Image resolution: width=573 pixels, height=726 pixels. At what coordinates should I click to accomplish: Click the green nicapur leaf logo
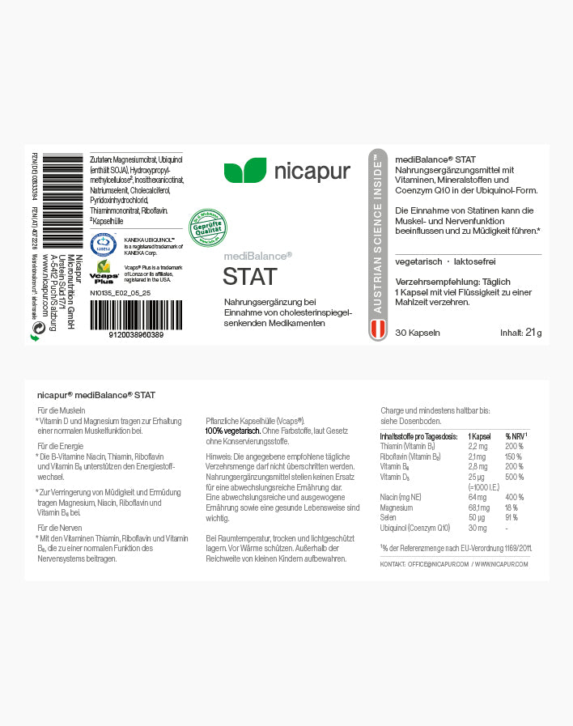244,171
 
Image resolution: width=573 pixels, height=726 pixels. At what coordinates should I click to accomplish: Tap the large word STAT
250,277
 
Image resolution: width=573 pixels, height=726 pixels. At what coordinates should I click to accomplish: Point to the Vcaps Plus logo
103,271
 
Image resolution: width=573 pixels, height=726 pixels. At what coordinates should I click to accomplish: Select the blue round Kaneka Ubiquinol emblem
103,244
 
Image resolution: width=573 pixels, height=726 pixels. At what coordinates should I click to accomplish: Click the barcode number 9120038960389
135,334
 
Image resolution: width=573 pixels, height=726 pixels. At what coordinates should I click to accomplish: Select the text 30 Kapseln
418,333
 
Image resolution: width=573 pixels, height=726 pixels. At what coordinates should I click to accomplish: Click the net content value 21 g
533,333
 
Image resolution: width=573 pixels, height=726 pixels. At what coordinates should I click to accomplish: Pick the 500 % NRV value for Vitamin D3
515,478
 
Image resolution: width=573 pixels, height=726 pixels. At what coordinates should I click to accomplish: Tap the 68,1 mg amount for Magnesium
478,507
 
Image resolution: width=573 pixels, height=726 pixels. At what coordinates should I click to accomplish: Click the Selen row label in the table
388,516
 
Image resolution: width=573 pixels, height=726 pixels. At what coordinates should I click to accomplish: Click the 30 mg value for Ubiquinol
477,527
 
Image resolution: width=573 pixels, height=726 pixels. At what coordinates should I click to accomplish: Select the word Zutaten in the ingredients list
100,158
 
